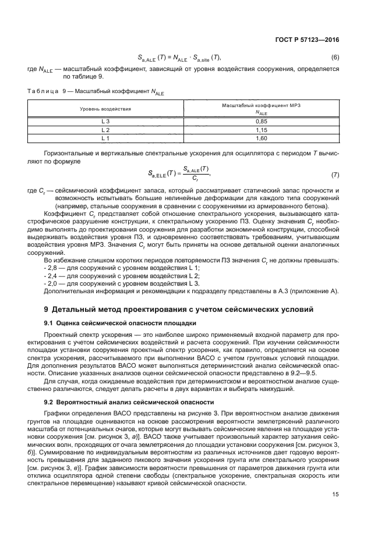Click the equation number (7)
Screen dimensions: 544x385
pos(335,175)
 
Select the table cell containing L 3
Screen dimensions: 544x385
pos(105,121)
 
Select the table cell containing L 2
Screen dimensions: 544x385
pos(105,130)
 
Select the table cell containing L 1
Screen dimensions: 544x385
pos(105,139)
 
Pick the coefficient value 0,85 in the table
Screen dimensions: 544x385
pos(261,121)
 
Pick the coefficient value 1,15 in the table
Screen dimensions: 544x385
pos(261,130)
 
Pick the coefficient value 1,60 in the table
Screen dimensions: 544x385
pos(261,139)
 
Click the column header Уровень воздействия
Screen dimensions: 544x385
pos(105,109)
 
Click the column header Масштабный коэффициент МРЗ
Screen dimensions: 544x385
pos(261,106)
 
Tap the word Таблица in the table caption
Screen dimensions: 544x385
pos(43,91)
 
